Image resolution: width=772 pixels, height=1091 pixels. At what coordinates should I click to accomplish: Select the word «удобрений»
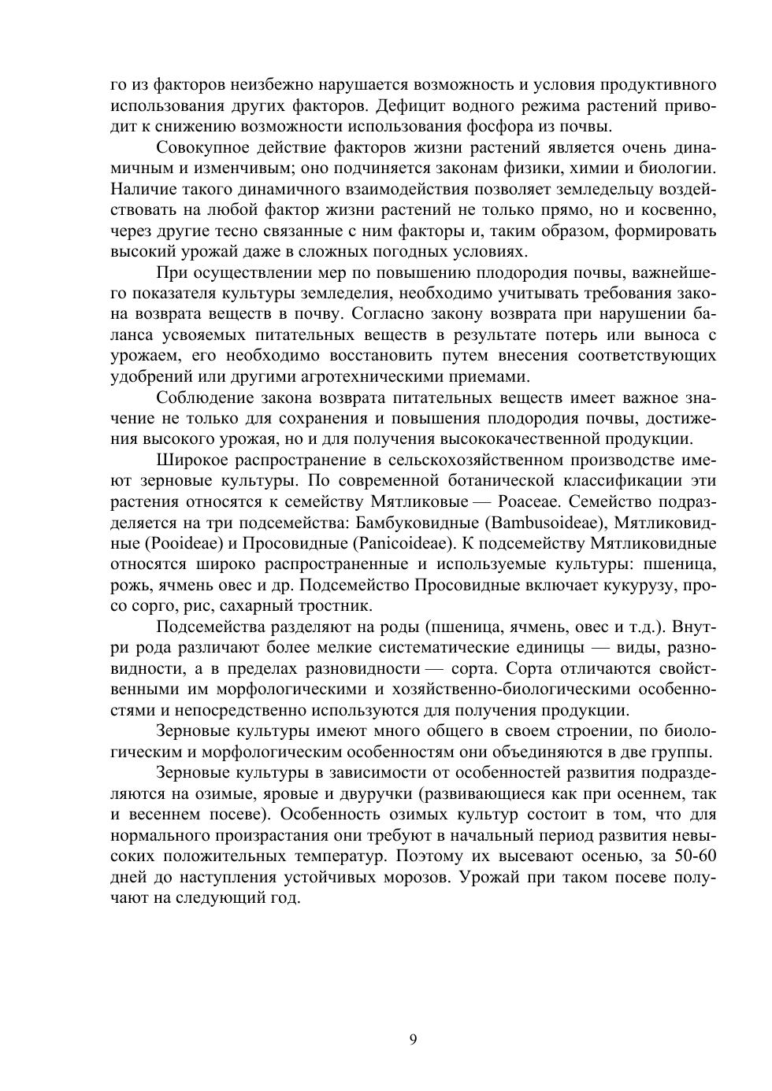(x=147, y=376)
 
